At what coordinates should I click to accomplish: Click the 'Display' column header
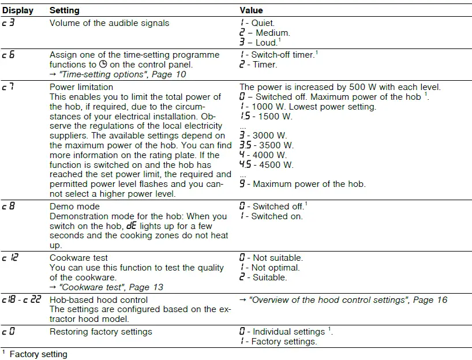click(17, 10)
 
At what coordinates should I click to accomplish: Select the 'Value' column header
click(251, 10)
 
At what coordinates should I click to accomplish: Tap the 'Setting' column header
click(65, 10)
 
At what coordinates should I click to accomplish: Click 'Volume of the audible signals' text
click(110, 23)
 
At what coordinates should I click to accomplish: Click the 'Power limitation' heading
click(81, 87)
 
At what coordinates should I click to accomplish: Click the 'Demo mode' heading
click(74, 206)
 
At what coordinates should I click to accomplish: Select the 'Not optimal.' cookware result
click(275, 268)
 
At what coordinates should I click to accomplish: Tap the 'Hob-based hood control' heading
click(99, 300)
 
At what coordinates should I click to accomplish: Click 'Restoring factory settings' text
click(101, 332)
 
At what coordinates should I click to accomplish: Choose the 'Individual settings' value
click(289, 332)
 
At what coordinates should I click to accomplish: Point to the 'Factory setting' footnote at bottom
click(38, 354)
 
